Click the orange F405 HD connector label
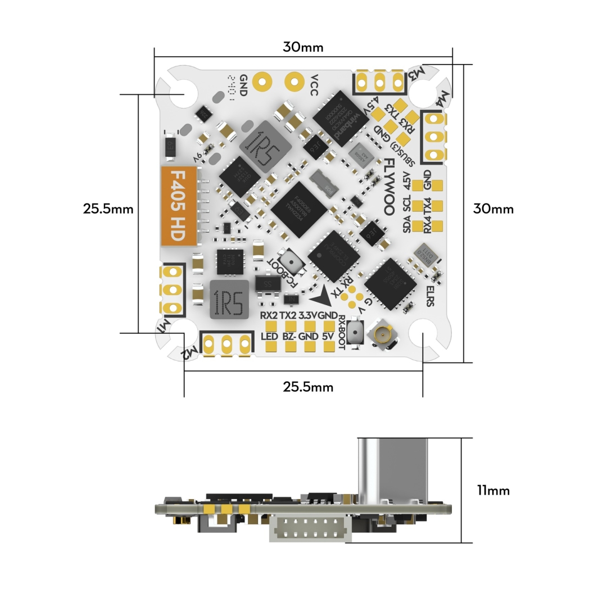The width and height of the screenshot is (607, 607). [179, 206]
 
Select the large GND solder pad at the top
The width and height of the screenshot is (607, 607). [261, 82]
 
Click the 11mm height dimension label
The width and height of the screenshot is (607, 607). [493, 490]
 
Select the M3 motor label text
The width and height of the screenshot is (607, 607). [416, 73]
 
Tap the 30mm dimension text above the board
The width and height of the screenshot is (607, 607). [303, 47]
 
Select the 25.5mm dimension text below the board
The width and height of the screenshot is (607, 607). [308, 387]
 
